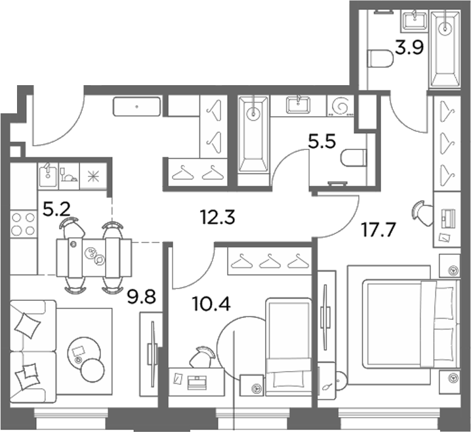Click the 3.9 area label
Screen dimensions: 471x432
point(409,48)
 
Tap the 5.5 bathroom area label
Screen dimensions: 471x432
point(321,142)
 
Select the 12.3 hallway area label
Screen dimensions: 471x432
point(218,217)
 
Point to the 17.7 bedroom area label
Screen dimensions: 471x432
point(379,230)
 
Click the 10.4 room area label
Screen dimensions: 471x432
point(211,304)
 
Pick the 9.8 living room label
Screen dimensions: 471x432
point(141,297)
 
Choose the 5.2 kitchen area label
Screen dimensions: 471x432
point(56,209)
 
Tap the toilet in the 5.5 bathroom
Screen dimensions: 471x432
point(354,157)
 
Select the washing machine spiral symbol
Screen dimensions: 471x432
point(340,106)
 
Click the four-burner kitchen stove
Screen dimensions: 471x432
point(23,224)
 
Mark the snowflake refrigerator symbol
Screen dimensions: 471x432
point(93,176)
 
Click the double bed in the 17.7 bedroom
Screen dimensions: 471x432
point(410,324)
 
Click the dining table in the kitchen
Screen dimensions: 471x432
point(94,258)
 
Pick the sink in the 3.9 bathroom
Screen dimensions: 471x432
point(415,20)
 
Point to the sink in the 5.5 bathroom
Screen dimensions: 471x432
point(298,105)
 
